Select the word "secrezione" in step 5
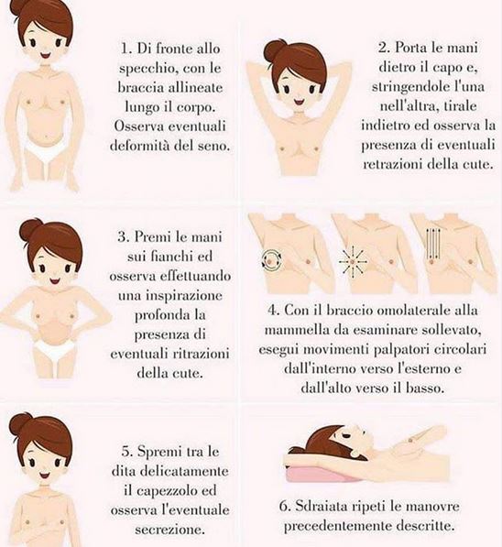(x=169, y=530)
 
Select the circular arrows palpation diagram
(x=272, y=260)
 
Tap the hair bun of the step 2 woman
(x=275, y=51)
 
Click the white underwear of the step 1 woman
(x=45, y=151)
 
